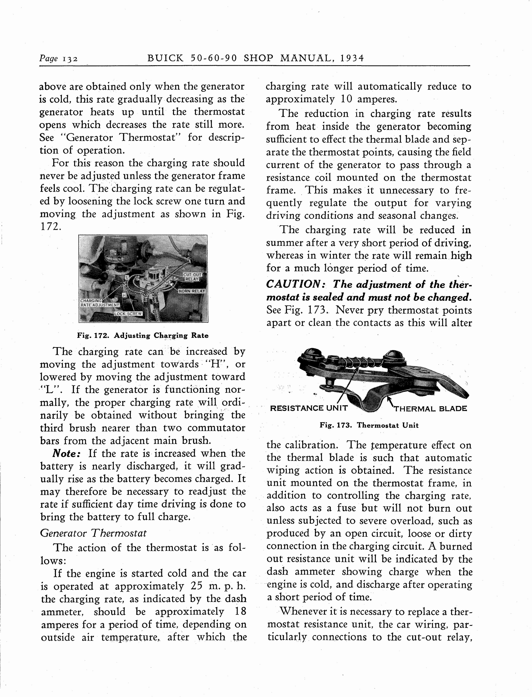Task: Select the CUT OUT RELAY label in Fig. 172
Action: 193,276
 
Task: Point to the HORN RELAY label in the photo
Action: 192,291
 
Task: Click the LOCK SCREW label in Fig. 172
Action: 128,313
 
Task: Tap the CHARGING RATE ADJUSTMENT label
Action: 99,303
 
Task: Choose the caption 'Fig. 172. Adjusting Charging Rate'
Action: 143,336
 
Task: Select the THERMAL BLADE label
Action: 430,409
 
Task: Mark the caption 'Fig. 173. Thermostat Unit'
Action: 369,425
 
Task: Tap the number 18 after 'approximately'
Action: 241,612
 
